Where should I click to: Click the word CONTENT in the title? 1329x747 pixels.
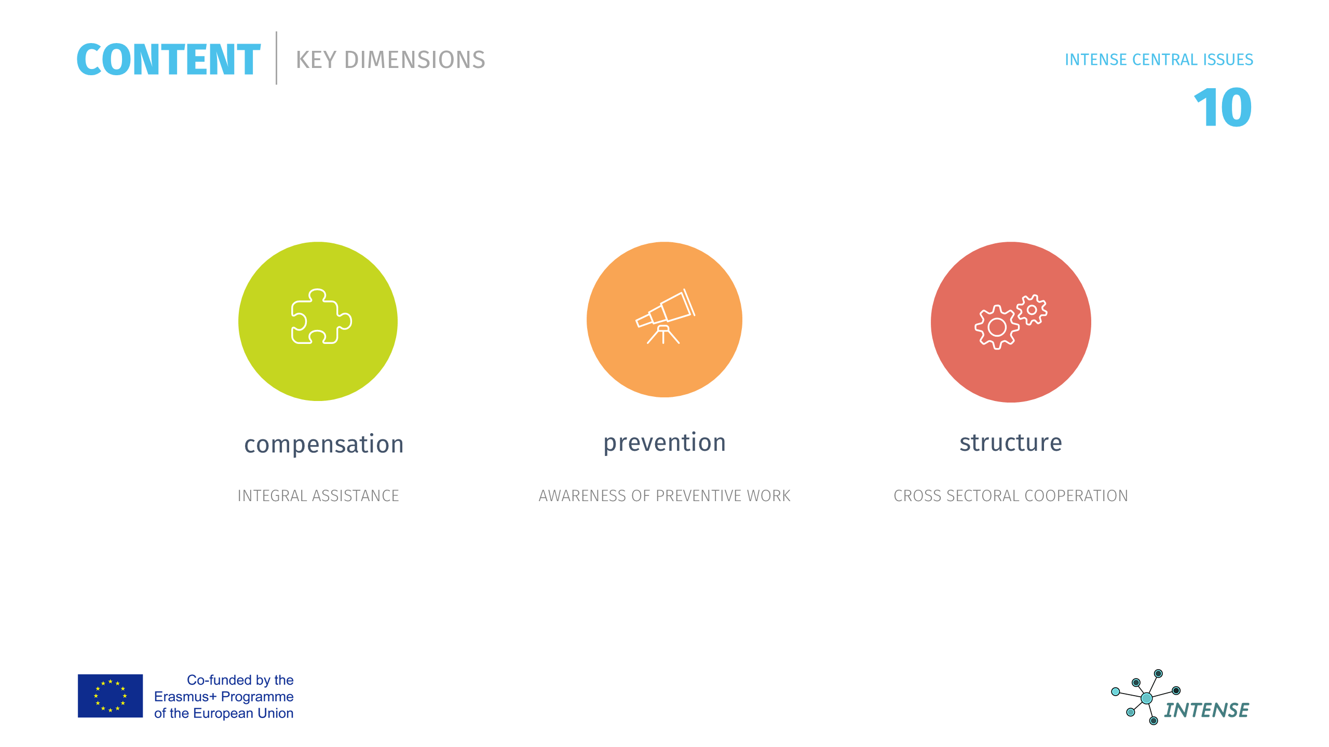[168, 60]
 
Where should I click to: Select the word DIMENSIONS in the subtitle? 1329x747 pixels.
[415, 60]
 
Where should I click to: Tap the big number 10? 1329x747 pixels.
[1223, 107]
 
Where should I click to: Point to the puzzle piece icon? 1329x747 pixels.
[321, 316]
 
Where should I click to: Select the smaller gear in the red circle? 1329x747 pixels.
[1032, 310]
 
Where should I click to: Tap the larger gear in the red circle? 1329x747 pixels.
[997, 327]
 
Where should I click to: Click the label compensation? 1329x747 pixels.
[324, 445]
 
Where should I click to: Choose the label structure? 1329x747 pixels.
[1011, 442]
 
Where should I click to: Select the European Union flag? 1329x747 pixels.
[110, 696]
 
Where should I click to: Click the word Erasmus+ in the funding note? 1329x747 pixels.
[185, 697]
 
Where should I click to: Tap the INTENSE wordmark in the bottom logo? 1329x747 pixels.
[1206, 710]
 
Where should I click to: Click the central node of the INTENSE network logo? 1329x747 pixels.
[1147, 698]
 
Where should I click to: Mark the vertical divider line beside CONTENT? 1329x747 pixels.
[276, 58]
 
